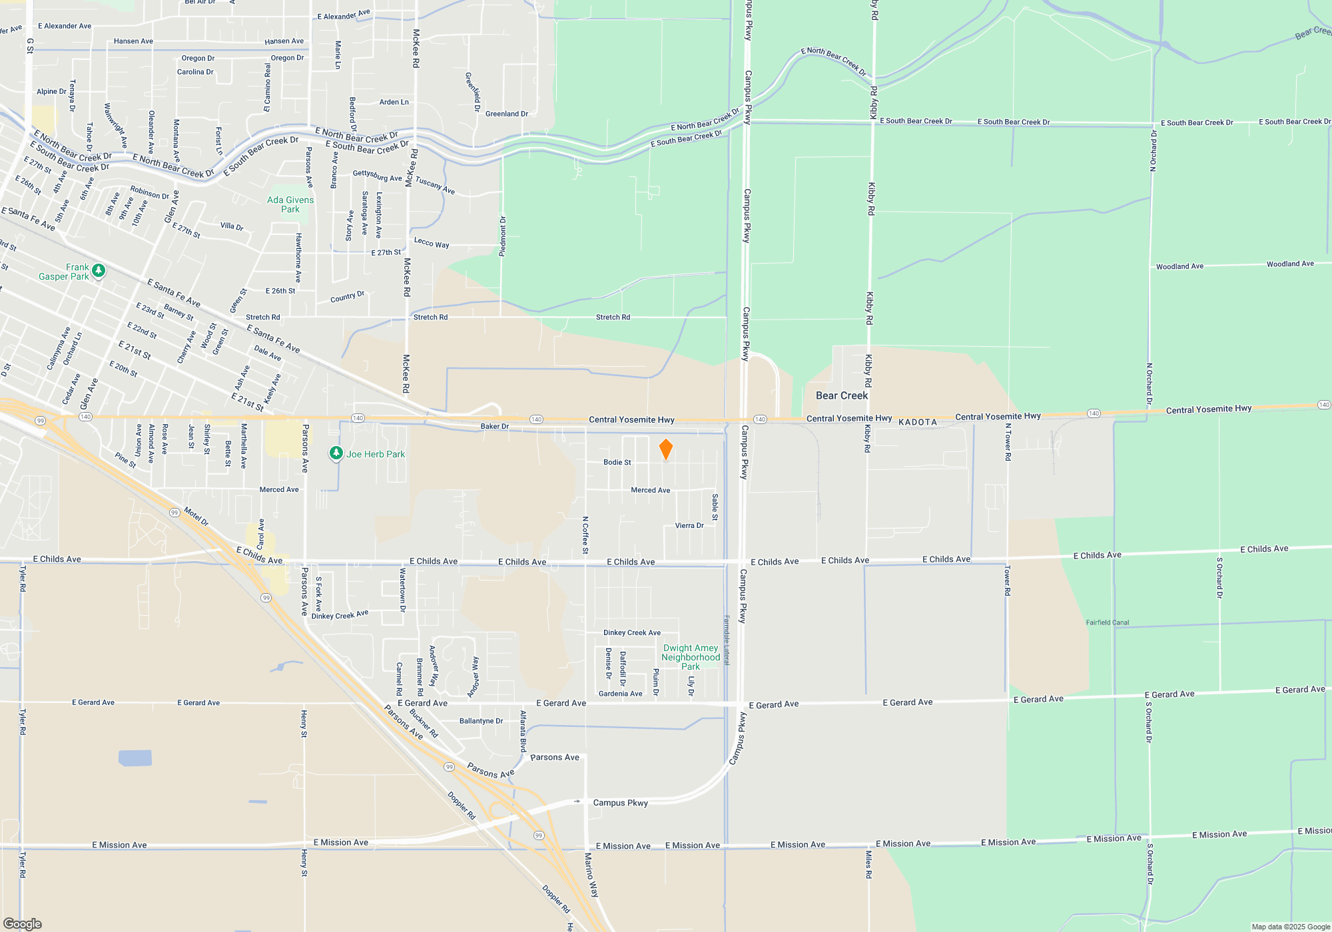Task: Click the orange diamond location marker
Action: pyautogui.click(x=665, y=450)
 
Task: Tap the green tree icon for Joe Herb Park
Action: pyautogui.click(x=336, y=453)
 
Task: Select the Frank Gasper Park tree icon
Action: pyautogui.click(x=99, y=270)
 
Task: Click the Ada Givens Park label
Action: pyautogui.click(x=290, y=204)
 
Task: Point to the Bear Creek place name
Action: pyautogui.click(x=842, y=395)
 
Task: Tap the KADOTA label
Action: pyautogui.click(x=917, y=422)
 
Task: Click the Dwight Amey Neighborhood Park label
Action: pyautogui.click(x=691, y=657)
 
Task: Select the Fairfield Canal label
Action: pyautogui.click(x=1107, y=622)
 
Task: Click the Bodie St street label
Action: pyautogui.click(x=617, y=462)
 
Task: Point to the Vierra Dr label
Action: pyautogui.click(x=689, y=525)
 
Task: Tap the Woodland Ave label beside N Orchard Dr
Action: pyautogui.click(x=1179, y=266)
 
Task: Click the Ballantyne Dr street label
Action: pyautogui.click(x=481, y=721)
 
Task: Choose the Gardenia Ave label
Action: pyautogui.click(x=620, y=694)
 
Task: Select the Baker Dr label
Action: pyautogui.click(x=494, y=426)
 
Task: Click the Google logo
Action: pyautogui.click(x=23, y=923)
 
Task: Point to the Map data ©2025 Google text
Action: pyautogui.click(x=1290, y=927)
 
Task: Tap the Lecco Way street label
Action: pyautogui.click(x=432, y=242)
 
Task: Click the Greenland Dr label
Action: pyautogui.click(x=506, y=114)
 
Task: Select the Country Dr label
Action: pyautogui.click(x=347, y=297)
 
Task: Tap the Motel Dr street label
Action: pyautogui.click(x=196, y=517)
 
